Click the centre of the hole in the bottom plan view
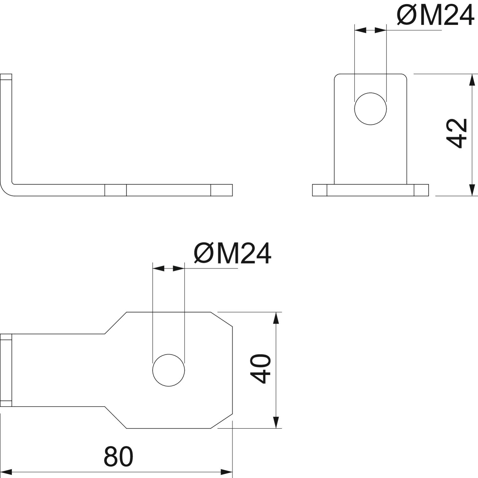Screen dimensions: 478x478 pos(169,370)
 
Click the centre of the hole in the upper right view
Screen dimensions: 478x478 pos(371,108)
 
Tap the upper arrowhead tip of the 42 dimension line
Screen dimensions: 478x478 pos(472,74)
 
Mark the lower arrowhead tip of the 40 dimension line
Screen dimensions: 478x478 pos(276,428)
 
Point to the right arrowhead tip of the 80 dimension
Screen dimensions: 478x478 pos(233,472)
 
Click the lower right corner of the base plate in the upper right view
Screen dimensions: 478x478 pos(429,196)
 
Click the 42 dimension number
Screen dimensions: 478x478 pos(457,133)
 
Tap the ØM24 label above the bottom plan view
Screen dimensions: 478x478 pos(232,253)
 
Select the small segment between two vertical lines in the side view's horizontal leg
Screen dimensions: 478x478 pos(116,190)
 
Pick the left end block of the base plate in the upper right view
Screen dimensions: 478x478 pos(320,190)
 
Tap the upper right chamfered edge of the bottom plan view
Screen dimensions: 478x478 pos(221,319)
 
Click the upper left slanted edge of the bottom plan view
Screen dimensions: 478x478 pos(116,323)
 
